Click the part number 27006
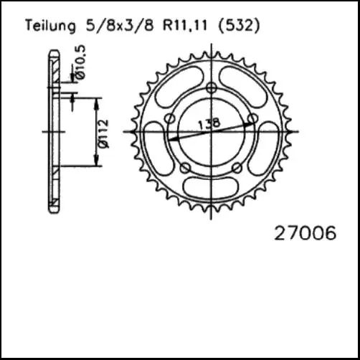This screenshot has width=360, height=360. click(x=305, y=234)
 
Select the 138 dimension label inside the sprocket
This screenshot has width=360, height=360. click(x=212, y=123)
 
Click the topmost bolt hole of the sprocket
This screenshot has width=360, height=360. click(x=210, y=88)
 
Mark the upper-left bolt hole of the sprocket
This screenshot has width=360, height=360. click(x=169, y=118)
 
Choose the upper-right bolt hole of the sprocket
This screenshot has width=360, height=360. click(x=251, y=118)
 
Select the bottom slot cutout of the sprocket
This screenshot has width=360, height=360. click(x=210, y=191)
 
